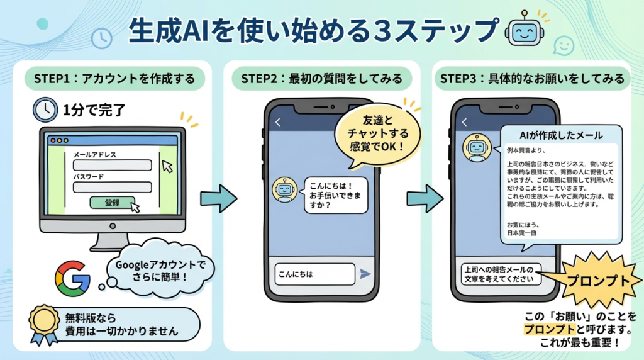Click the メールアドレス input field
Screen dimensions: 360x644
[113, 166]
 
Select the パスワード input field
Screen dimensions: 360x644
[113, 188]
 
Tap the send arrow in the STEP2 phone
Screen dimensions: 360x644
[365, 274]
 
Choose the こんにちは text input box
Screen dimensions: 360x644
[314, 274]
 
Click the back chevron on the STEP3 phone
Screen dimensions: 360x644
[465, 122]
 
